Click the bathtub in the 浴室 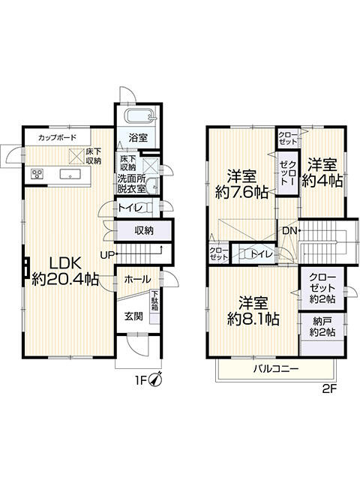tap(140, 116)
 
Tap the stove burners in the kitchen tap(37, 174)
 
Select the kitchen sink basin tap(70, 174)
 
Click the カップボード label tap(57, 137)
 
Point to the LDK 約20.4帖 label tap(65, 271)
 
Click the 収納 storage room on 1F tap(143, 230)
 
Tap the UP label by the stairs tap(106, 255)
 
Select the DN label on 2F tap(289, 231)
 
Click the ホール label tap(137, 279)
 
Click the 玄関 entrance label tap(133, 316)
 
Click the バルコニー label tap(275, 369)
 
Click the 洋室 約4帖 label tap(322, 172)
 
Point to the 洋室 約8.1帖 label tap(253, 311)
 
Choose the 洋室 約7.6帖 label tap(241, 184)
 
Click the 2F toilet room tap(254, 253)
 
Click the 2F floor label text tap(329, 389)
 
